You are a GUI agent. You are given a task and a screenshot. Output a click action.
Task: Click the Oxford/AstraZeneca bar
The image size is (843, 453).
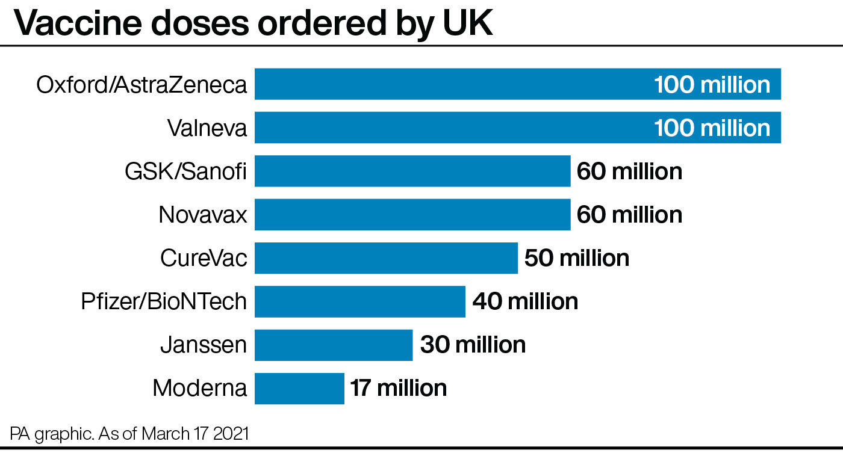517,84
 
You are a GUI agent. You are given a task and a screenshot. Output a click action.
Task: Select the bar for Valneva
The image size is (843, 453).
517,128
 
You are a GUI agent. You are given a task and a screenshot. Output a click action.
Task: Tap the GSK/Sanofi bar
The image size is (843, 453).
412,171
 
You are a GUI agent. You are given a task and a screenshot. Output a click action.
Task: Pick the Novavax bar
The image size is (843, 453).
412,214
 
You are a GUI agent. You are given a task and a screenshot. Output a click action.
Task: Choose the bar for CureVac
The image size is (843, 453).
386,258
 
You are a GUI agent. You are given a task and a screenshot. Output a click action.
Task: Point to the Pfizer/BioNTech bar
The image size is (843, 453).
360,301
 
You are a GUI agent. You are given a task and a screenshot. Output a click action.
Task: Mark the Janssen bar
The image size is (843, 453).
334,345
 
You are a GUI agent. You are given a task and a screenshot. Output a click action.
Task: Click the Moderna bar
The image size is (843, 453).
299,389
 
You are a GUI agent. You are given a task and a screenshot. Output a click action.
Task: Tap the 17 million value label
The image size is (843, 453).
399,388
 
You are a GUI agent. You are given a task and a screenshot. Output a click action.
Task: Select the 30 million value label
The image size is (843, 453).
473,344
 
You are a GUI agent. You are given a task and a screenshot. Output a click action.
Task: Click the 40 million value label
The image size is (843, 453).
525,301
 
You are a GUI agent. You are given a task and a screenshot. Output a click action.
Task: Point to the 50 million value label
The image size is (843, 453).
577,258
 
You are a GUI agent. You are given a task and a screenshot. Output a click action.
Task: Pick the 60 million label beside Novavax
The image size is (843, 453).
630,214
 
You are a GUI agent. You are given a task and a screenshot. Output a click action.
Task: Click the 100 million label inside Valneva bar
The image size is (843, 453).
712,128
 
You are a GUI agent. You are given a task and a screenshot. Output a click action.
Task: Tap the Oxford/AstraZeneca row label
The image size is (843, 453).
142,85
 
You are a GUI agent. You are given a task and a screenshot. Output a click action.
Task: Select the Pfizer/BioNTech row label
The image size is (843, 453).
164,301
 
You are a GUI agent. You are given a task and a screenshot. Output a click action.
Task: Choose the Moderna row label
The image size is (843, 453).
200,388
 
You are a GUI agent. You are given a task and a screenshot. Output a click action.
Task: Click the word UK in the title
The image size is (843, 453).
468,23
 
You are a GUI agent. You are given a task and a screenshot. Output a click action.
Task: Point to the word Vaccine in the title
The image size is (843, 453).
78,23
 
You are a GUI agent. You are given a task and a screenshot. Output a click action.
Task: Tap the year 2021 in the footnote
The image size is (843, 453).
231,434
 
